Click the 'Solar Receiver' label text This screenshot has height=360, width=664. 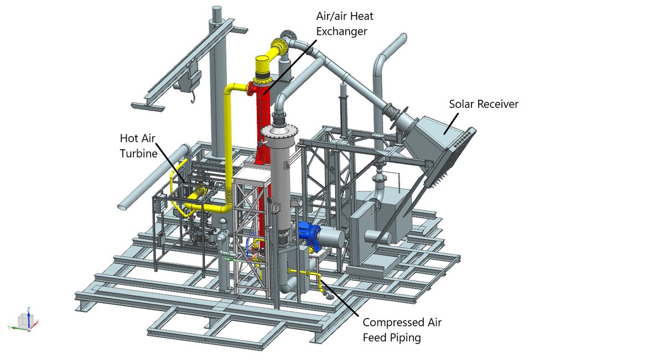point(484,104)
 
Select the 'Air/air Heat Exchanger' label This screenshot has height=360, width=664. point(345,23)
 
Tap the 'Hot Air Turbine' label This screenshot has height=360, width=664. point(138,146)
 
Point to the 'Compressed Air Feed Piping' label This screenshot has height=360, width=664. point(402,330)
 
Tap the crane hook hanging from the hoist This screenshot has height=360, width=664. point(193,98)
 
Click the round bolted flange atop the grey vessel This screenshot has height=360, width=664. point(279,131)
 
